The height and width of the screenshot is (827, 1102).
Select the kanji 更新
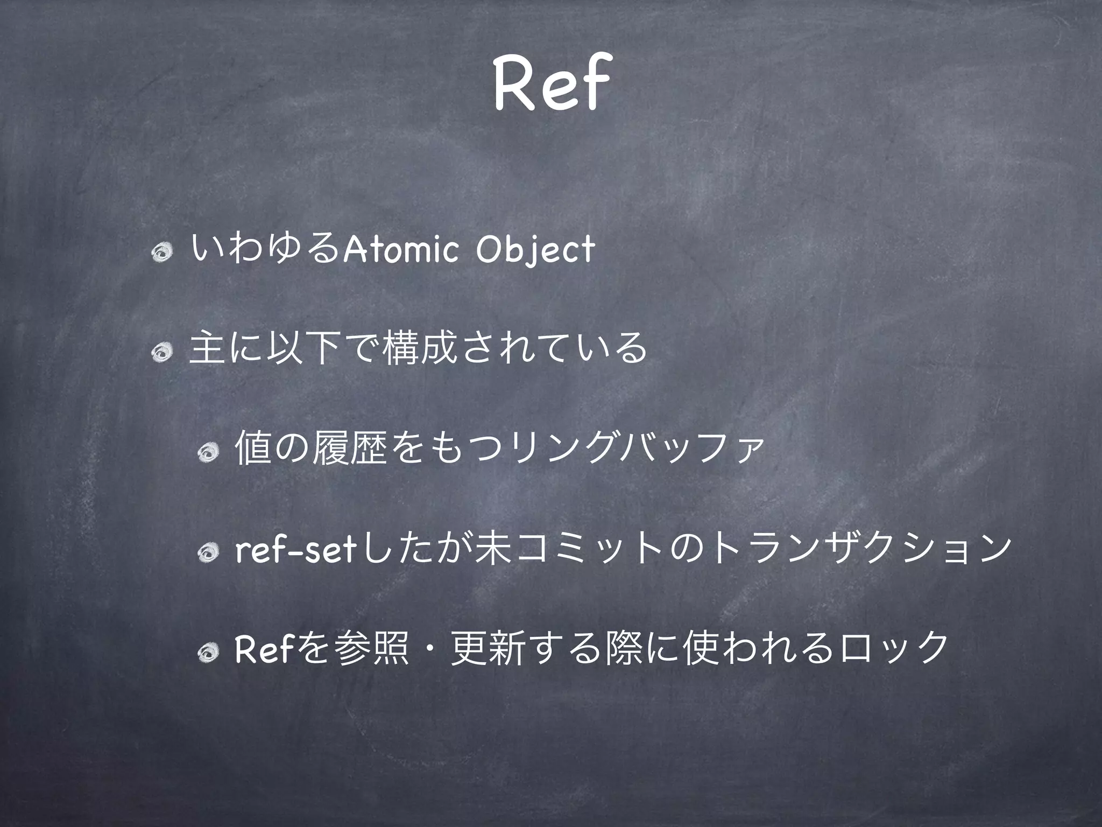[x=485, y=649]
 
